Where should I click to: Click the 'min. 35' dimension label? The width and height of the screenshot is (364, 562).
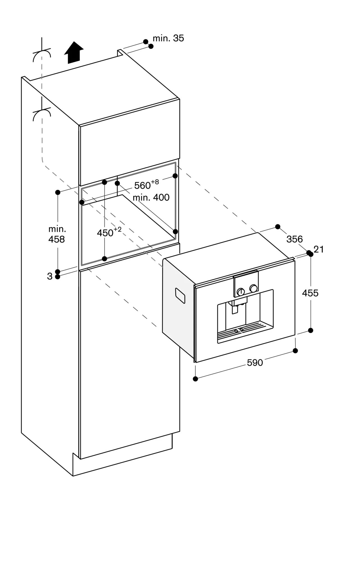[x=168, y=38]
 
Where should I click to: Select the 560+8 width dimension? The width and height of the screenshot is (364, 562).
[x=146, y=185]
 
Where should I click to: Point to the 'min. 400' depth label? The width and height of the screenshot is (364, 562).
[x=151, y=197]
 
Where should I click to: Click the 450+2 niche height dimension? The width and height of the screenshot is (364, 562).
[x=109, y=232]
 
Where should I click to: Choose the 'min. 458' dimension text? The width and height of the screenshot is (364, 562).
[x=57, y=234]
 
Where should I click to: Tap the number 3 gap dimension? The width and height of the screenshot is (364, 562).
[x=50, y=276]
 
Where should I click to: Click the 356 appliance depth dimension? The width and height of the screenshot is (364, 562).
[x=294, y=239]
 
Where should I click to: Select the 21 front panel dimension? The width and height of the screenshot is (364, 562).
[x=319, y=249]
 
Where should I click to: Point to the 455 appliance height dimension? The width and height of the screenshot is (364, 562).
[x=310, y=293]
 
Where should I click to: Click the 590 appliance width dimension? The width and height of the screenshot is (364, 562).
[x=255, y=363]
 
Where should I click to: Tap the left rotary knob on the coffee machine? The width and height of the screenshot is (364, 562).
[x=240, y=292]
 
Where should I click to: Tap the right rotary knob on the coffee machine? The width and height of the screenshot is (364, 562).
[x=253, y=288]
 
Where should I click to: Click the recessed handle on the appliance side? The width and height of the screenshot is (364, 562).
[x=180, y=296]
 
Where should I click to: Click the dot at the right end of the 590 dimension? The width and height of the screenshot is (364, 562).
[x=295, y=350]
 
